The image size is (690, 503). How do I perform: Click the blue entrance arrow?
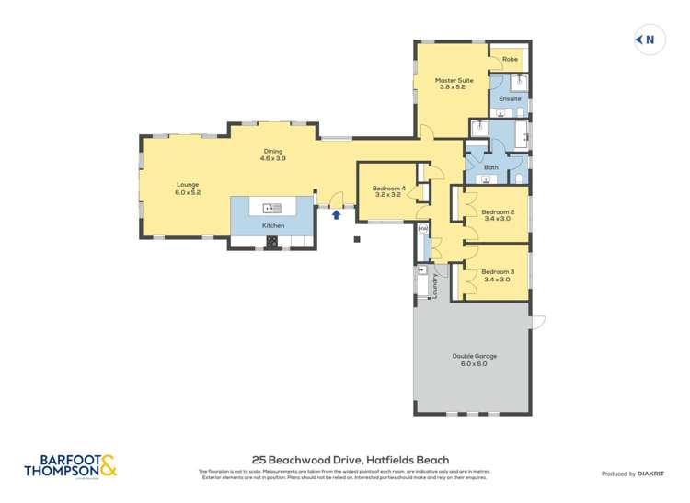pos(337,214)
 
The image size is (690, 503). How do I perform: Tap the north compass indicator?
pos(649,40)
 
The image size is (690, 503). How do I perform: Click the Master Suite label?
pos(454,81)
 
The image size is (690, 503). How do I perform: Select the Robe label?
pos(509,60)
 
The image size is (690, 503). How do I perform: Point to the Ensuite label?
pos(510,98)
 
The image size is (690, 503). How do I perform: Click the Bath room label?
pos(491,167)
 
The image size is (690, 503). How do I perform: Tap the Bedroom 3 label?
pos(498,271)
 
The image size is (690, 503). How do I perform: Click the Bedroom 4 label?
pos(388,189)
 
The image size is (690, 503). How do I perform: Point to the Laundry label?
pos(435,285)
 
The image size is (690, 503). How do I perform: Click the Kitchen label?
pos(273,225)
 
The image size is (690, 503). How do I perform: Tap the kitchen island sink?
pos(271,207)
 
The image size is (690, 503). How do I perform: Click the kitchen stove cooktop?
pos(272,242)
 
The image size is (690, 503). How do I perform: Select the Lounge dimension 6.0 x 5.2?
pos(188,192)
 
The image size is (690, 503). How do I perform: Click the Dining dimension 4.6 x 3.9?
pos(273,159)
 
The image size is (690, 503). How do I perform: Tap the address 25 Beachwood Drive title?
pos(351,459)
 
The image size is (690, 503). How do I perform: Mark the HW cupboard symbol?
pos(423,228)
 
